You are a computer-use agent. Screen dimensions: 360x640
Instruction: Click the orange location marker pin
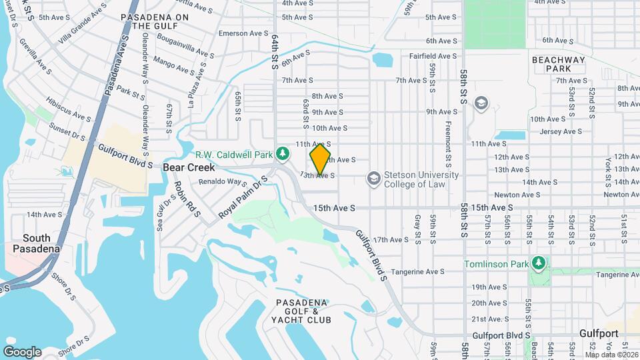click(x=320, y=159)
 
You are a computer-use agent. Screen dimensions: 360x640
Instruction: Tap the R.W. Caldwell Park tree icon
click(x=283, y=153)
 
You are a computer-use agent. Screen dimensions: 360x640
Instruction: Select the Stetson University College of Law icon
click(x=373, y=179)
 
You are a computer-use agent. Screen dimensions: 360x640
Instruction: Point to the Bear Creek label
click(x=189, y=168)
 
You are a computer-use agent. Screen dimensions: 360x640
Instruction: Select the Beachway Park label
click(x=558, y=64)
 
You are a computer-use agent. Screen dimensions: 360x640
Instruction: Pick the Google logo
click(x=22, y=351)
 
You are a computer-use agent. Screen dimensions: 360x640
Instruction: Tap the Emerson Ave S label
click(x=243, y=33)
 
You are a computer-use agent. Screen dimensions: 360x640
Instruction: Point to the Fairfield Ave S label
click(x=433, y=56)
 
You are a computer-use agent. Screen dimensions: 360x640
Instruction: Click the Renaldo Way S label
click(x=223, y=181)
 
